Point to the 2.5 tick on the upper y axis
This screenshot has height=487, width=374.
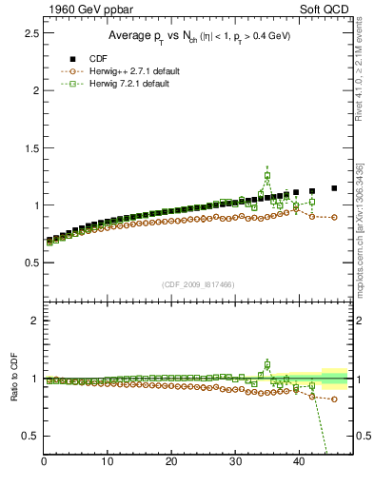click(30, 33)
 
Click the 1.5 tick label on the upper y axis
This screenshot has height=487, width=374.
click(30, 147)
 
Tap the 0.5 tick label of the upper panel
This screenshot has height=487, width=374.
click(30, 263)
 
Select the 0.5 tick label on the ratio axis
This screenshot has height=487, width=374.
click(30, 436)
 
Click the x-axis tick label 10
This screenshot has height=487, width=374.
click(108, 462)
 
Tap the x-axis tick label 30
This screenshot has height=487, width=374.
click(235, 462)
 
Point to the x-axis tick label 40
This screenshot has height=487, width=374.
click(299, 462)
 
